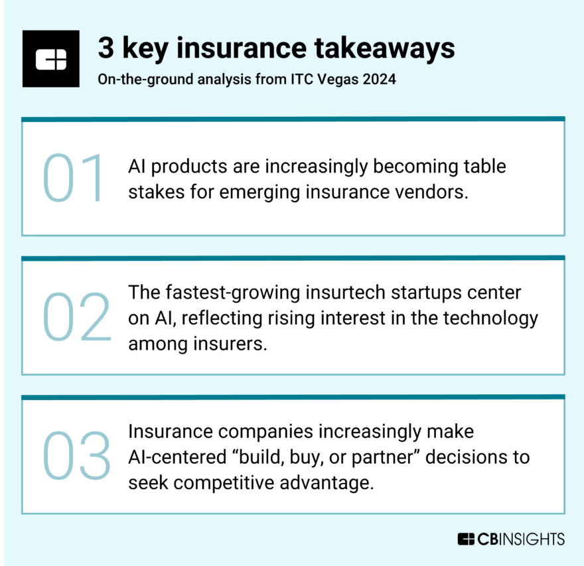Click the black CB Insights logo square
[x=50, y=58]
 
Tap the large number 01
[x=74, y=178]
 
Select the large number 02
[x=76, y=317]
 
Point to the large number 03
[x=76, y=456]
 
